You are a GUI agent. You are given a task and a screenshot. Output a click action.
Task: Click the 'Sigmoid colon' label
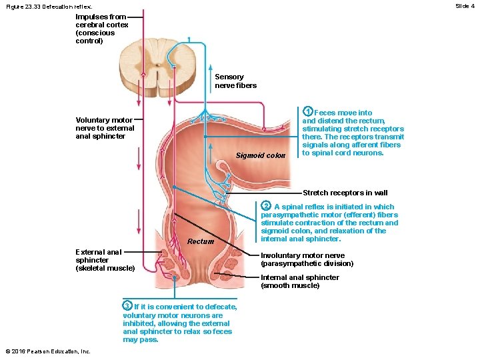click(x=261, y=156)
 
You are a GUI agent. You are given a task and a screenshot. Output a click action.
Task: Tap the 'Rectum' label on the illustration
click(x=201, y=241)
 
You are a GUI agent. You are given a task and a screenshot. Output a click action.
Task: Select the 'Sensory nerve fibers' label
click(x=235, y=81)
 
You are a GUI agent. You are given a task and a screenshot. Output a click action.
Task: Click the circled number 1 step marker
click(x=307, y=111)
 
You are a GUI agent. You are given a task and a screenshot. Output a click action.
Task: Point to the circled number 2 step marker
click(x=265, y=205)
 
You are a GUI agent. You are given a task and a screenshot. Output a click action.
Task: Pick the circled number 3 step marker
click(x=127, y=305)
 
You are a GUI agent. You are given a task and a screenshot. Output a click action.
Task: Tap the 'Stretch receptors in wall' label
click(x=345, y=193)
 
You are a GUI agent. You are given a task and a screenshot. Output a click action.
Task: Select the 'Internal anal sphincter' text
click(x=299, y=277)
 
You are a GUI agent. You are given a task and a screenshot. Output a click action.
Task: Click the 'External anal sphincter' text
click(x=99, y=256)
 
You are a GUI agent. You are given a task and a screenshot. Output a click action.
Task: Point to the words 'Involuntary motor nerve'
click(x=303, y=255)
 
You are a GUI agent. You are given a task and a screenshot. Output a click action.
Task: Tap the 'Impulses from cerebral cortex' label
click(x=102, y=28)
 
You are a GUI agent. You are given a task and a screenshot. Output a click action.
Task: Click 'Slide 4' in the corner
click(x=465, y=6)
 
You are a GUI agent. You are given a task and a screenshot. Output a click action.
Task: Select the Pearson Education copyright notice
click(x=47, y=351)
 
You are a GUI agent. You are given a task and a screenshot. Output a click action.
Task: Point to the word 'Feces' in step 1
click(x=325, y=113)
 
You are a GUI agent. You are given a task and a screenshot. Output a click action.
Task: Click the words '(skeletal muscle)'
click(x=105, y=268)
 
